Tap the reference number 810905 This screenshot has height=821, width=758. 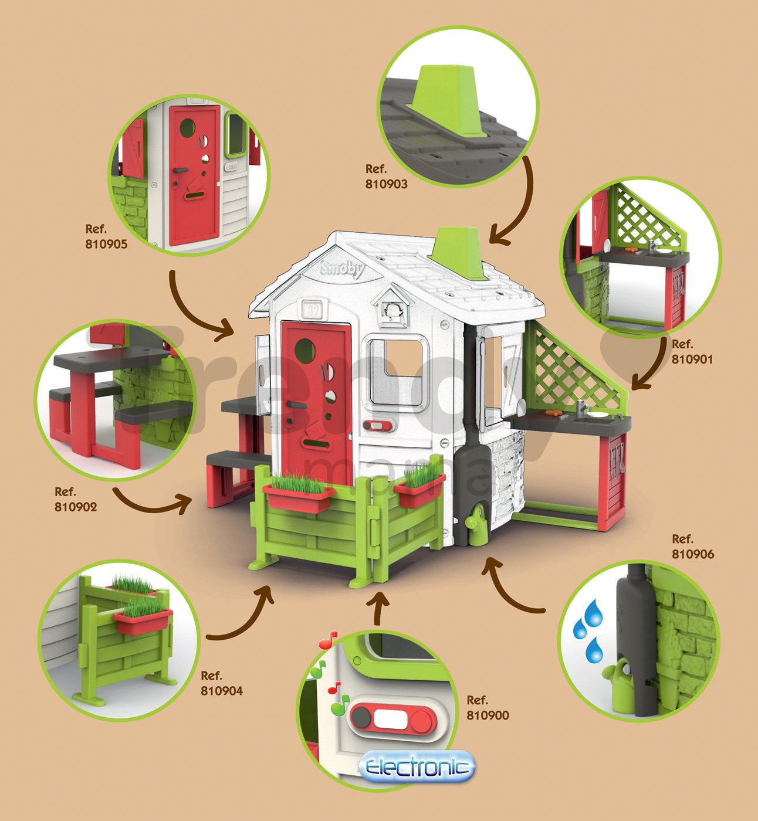coord(106,244)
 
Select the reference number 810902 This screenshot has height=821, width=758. coord(76,507)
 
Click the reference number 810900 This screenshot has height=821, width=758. coord(488,715)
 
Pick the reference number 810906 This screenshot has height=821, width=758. coord(693,554)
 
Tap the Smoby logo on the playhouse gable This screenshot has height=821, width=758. coord(343,270)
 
